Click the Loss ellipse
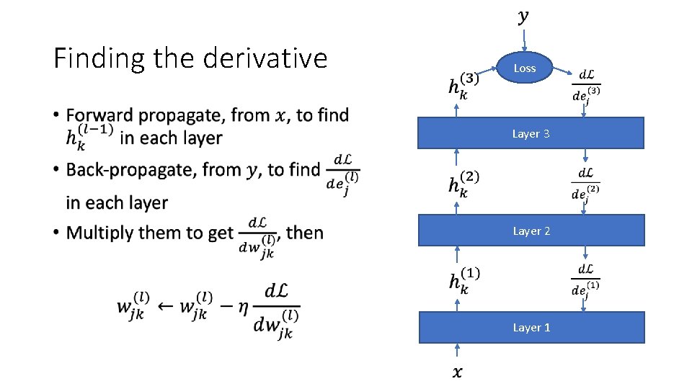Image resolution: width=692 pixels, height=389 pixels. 524,68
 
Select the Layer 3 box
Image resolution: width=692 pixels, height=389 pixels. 531,133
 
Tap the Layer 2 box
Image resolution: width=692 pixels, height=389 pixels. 531,231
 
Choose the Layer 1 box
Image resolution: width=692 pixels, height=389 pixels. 531,327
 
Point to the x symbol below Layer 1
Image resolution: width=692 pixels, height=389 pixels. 458,372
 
